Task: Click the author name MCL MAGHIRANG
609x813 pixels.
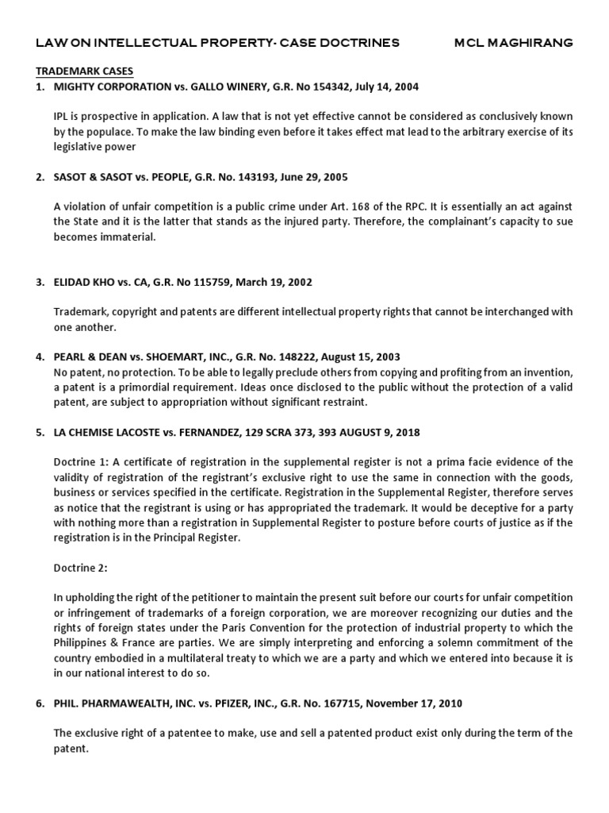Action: tap(513, 43)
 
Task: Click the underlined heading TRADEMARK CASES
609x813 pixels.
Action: tap(85, 71)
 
